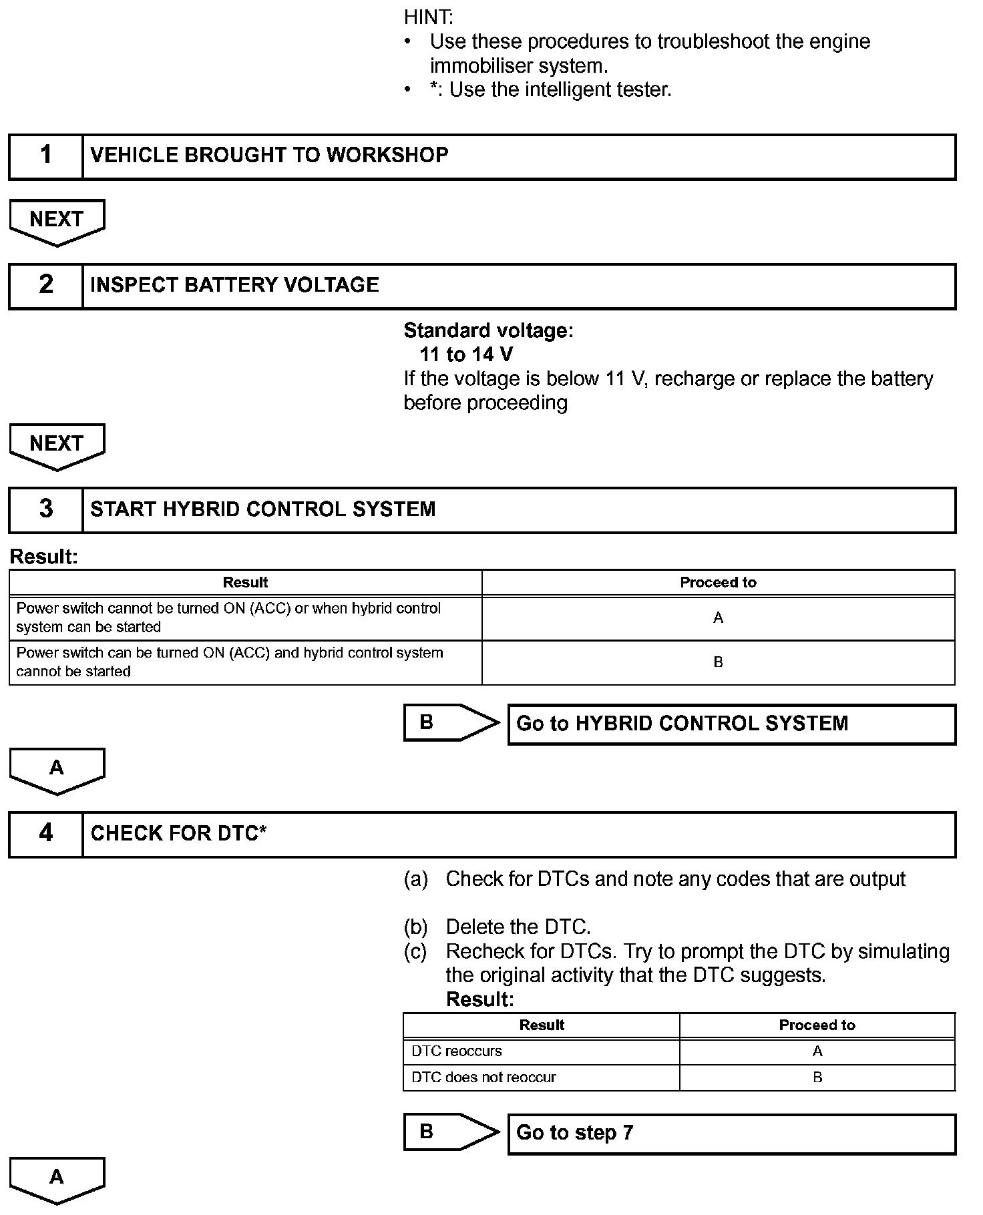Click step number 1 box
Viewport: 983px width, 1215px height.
[45, 156]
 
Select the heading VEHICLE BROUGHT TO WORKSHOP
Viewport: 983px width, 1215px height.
[269, 156]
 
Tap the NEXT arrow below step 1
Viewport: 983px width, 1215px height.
[57, 221]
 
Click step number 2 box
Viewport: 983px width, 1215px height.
[45, 286]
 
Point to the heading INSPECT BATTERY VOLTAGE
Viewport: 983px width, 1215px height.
[234, 285]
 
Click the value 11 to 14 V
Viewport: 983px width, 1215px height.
[466, 354]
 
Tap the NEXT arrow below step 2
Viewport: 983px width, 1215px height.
[57, 445]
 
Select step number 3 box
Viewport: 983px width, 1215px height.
[45, 509]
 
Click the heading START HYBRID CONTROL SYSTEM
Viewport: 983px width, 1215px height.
[262, 509]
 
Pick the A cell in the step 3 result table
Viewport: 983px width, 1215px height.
[718, 618]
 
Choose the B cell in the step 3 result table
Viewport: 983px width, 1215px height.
[718, 662]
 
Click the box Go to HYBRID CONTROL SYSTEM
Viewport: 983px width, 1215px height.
[731, 724]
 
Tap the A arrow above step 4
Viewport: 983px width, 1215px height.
[57, 770]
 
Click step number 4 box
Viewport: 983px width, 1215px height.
[45, 834]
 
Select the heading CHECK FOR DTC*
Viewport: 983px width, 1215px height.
[178, 834]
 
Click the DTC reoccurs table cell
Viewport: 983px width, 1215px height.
[541, 1051]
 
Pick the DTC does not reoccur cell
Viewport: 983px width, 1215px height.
[541, 1077]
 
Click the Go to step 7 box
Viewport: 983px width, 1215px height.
[731, 1133]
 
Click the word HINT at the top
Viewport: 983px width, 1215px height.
[428, 17]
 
